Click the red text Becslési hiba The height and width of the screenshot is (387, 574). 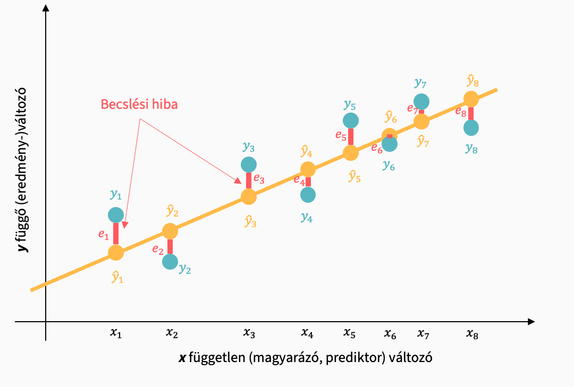tap(139, 104)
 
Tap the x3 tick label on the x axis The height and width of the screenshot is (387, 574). tap(249, 333)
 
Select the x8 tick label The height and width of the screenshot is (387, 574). tap(471, 333)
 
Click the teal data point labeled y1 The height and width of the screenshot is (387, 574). tap(116, 215)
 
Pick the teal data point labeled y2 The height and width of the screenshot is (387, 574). tap(170, 262)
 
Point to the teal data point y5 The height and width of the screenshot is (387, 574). tap(350, 121)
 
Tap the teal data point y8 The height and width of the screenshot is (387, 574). tap(471, 127)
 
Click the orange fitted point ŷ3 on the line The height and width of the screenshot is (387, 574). tap(249, 196)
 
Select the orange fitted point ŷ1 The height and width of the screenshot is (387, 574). tap(116, 253)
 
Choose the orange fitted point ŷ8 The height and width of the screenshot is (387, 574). tap(471, 99)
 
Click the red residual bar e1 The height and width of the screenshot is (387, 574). tap(116, 234)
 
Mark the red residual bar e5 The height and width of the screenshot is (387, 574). tap(350, 136)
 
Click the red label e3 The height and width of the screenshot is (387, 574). tap(259, 179)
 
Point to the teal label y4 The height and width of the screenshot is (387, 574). tap(307, 217)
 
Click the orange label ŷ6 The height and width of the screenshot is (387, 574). tap(391, 117)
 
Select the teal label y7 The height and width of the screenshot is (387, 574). tap(420, 83)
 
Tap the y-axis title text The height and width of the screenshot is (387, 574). tap(24, 169)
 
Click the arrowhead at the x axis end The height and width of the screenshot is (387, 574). tap(530, 322)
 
